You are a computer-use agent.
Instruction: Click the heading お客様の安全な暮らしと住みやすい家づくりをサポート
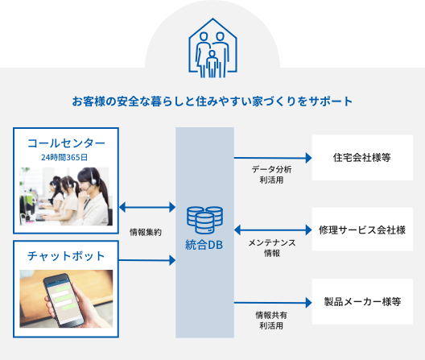[x=212, y=101]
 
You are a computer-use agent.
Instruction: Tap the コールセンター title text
[x=66, y=143]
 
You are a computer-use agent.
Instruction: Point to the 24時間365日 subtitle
[x=64, y=157]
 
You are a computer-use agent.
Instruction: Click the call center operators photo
[x=66, y=197]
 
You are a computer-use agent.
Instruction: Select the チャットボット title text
[x=66, y=256]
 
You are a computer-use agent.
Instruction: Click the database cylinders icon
[x=205, y=220]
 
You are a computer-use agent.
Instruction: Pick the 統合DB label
[x=204, y=245]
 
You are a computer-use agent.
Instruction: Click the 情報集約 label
[x=146, y=232]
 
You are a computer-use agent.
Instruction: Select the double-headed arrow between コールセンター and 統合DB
[x=147, y=207]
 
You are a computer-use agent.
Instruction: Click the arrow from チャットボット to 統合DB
[x=147, y=260]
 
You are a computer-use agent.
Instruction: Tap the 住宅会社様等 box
[x=362, y=157]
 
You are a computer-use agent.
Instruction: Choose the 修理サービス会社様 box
[x=362, y=230]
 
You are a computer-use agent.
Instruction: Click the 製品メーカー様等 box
[x=362, y=301]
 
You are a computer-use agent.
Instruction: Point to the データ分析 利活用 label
[x=271, y=175]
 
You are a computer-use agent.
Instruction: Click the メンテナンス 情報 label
[x=272, y=248]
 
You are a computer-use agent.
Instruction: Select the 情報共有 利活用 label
[x=271, y=321]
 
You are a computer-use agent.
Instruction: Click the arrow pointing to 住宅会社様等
[x=273, y=158]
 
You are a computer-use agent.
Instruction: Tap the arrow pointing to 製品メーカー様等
[x=273, y=303]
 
